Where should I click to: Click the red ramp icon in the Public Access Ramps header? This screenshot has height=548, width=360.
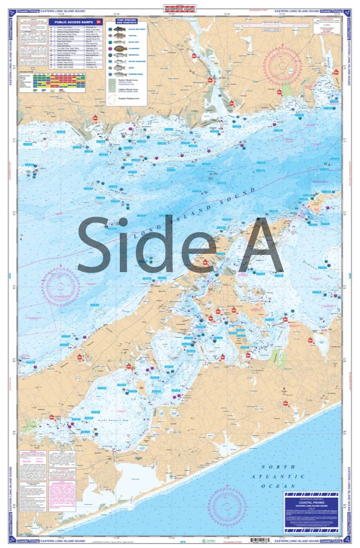pos(98,23)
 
